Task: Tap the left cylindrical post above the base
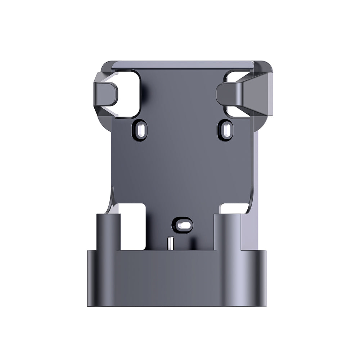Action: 108,230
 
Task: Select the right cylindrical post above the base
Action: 227,230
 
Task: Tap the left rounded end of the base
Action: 92,277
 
